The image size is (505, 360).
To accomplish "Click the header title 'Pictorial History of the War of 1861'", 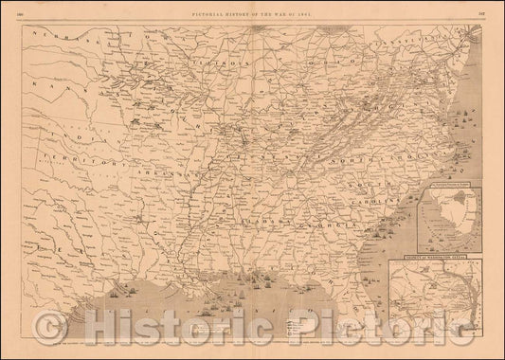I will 251,9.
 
